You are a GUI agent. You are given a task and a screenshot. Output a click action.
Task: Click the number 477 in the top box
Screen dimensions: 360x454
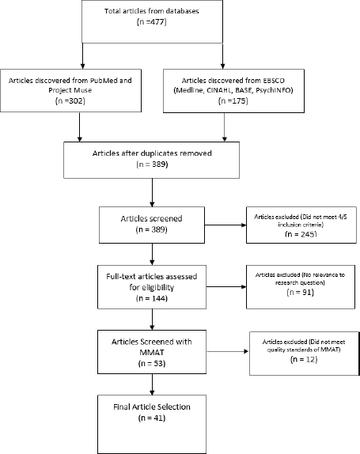[x=158, y=22]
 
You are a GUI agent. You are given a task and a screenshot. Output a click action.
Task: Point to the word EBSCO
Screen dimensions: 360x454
[x=274, y=81]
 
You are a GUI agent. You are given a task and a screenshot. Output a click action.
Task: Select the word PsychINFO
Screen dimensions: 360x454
[x=274, y=90]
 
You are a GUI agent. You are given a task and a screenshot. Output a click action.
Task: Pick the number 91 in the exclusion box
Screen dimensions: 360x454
[x=307, y=292]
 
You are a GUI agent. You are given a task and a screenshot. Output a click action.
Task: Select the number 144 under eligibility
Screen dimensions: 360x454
[x=158, y=298]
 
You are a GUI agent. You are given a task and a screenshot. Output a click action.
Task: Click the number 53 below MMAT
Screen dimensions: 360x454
[x=158, y=363]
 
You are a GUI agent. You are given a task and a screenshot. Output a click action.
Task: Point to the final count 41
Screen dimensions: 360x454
[x=158, y=418]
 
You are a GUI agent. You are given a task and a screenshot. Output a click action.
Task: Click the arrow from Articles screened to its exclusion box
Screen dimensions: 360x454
[x=225, y=225]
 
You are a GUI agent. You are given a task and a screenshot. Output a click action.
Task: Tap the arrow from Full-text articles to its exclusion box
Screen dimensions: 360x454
[x=226, y=287]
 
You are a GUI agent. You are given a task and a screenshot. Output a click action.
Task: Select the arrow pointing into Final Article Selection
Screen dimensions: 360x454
[x=152, y=384]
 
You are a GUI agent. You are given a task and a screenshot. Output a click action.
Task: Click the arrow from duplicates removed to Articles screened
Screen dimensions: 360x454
[x=152, y=192]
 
